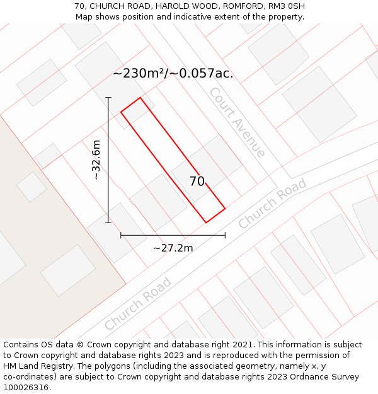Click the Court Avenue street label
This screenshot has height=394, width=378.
[x=237, y=122]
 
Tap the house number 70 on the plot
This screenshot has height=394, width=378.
[x=197, y=182]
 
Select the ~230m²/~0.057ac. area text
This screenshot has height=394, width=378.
[x=173, y=74]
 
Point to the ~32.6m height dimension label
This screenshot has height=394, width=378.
[x=96, y=160]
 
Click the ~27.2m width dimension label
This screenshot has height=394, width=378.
[x=173, y=248]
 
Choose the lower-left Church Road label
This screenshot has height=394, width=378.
[x=138, y=303]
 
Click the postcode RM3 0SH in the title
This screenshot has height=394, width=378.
[x=288, y=6]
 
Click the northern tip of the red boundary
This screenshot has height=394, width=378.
[x=140, y=98]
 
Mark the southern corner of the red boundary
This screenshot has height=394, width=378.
[x=206, y=223]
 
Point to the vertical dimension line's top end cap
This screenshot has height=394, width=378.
[x=108, y=98]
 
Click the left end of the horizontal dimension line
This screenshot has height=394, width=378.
[x=121, y=236]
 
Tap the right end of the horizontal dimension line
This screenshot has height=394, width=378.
[x=225, y=236]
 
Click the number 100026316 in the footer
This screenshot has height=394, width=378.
[x=26, y=388]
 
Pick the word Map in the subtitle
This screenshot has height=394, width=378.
[x=84, y=17]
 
